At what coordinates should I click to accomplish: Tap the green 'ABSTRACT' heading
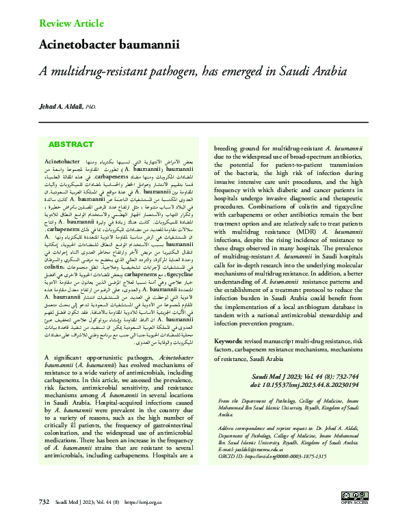point(70,145)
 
